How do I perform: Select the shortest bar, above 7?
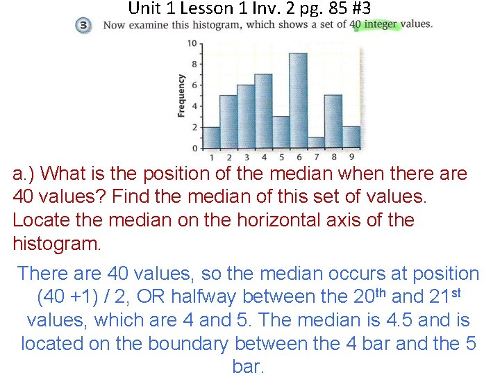coord(315,142)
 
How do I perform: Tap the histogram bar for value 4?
coord(263,111)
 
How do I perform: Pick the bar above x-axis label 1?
coord(211,137)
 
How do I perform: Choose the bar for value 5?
coord(281,132)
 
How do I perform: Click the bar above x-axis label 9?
coord(351,137)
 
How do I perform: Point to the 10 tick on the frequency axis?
coord(192,43)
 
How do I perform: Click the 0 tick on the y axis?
coord(194,148)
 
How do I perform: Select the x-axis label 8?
coord(333,157)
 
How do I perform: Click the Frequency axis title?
coord(181,96)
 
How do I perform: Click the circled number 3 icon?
coord(83,26)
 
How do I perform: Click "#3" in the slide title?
coord(360,8)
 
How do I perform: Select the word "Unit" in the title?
coord(144,8)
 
